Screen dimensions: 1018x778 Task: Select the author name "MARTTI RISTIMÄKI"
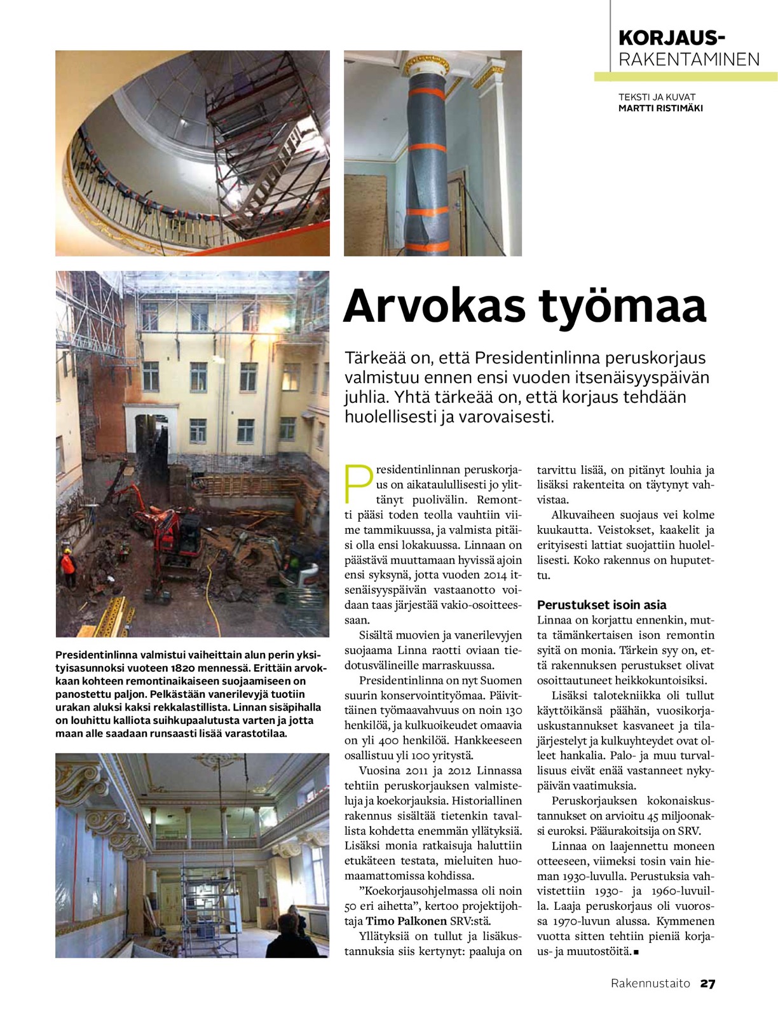coord(660,108)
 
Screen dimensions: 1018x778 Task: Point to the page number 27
coord(707,984)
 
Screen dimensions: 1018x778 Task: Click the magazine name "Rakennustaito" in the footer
coord(650,984)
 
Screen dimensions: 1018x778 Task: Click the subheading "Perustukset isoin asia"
coord(601,605)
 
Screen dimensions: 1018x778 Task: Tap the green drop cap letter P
coord(357,484)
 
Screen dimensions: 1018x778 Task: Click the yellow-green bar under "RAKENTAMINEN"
coord(686,77)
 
